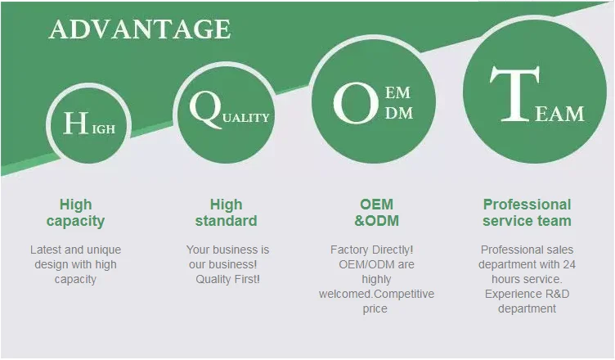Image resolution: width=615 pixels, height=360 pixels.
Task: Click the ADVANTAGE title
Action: tap(140, 29)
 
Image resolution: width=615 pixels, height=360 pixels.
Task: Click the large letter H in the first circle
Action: tap(76, 123)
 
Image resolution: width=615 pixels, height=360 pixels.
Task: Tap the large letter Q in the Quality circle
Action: tap(205, 109)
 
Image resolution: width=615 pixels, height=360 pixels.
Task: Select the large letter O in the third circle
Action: tap(356, 102)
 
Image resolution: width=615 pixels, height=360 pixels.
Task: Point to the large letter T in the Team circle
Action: tap(514, 93)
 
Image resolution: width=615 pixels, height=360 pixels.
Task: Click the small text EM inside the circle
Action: tap(397, 93)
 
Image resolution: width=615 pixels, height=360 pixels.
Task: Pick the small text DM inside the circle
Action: tap(399, 113)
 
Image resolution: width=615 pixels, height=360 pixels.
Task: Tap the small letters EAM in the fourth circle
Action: tap(559, 114)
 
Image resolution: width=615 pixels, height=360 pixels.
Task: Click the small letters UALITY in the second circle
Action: tap(246, 118)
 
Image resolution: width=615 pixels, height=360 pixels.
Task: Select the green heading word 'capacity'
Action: tap(75, 221)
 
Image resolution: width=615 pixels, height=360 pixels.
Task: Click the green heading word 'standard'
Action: tap(227, 221)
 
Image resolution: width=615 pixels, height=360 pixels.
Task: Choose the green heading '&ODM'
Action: tap(376, 221)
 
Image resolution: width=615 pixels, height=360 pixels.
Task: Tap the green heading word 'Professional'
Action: tap(527, 205)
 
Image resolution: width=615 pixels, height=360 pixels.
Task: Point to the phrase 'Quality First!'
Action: tap(227, 279)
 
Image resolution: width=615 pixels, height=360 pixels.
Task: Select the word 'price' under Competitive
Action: tap(375, 309)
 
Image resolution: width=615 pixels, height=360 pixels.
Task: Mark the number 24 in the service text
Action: tap(569, 264)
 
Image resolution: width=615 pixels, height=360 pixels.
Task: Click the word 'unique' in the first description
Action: tap(104, 250)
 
